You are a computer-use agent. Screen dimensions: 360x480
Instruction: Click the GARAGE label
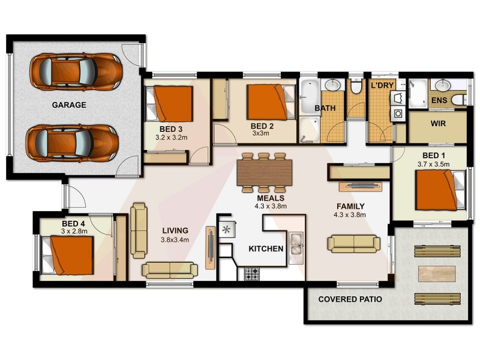pyautogui.click(x=69, y=105)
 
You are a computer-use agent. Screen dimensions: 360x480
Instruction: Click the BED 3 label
pyautogui.click(x=171, y=129)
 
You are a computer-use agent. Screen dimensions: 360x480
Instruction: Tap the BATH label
pyautogui.click(x=325, y=109)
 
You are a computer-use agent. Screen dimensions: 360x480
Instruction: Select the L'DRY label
pyautogui.click(x=382, y=86)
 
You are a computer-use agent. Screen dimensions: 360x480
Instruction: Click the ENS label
pyautogui.click(x=439, y=100)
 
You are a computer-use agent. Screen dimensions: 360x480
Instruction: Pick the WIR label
pyautogui.click(x=437, y=124)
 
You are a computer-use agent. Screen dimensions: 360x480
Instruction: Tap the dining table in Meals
pyautogui.click(x=264, y=172)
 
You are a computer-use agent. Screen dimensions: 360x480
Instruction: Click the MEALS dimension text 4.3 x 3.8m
pyautogui.click(x=270, y=206)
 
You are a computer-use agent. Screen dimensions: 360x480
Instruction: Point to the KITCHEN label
pyautogui.click(x=266, y=248)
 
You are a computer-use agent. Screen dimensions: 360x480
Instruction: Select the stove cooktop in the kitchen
pyautogui.click(x=252, y=274)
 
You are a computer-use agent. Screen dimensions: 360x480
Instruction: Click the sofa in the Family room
pyautogui.click(x=353, y=243)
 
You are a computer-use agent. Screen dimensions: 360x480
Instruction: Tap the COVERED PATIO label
pyautogui.click(x=350, y=299)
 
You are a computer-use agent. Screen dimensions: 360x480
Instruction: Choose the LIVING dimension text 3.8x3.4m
pyautogui.click(x=175, y=239)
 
